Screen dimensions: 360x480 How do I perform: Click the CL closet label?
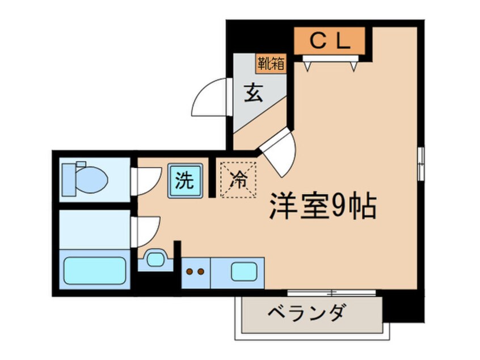point(329,40)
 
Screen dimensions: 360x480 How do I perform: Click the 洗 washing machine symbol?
point(184,180)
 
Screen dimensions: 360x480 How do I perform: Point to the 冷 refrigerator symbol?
point(238,180)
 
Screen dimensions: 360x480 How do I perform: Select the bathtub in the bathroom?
point(94,270)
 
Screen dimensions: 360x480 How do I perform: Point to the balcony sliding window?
point(332,293)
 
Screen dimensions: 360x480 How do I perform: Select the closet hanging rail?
point(332,58)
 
